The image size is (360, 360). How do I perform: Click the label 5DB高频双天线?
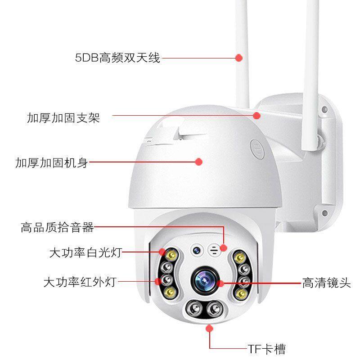click(x=117, y=58)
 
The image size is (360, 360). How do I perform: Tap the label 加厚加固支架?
click(x=63, y=118)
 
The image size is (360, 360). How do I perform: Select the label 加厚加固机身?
click(x=51, y=162)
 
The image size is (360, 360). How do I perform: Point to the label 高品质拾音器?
click(x=57, y=228)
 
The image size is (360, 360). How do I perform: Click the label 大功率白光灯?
click(x=85, y=253)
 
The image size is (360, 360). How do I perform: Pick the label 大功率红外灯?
click(x=80, y=283)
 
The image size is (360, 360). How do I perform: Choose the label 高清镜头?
click(x=326, y=283)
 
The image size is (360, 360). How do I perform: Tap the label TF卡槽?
click(x=266, y=349)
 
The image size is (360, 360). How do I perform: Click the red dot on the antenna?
click(x=239, y=58)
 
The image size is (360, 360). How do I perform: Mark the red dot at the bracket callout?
click(x=256, y=116)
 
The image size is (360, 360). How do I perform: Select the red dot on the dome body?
click(x=198, y=162)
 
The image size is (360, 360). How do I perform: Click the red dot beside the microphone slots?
click(x=224, y=247)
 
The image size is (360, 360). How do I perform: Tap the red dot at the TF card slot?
click(x=209, y=328)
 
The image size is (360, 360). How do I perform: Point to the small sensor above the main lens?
click(x=197, y=249)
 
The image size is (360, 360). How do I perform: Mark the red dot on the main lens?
click(x=220, y=283)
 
